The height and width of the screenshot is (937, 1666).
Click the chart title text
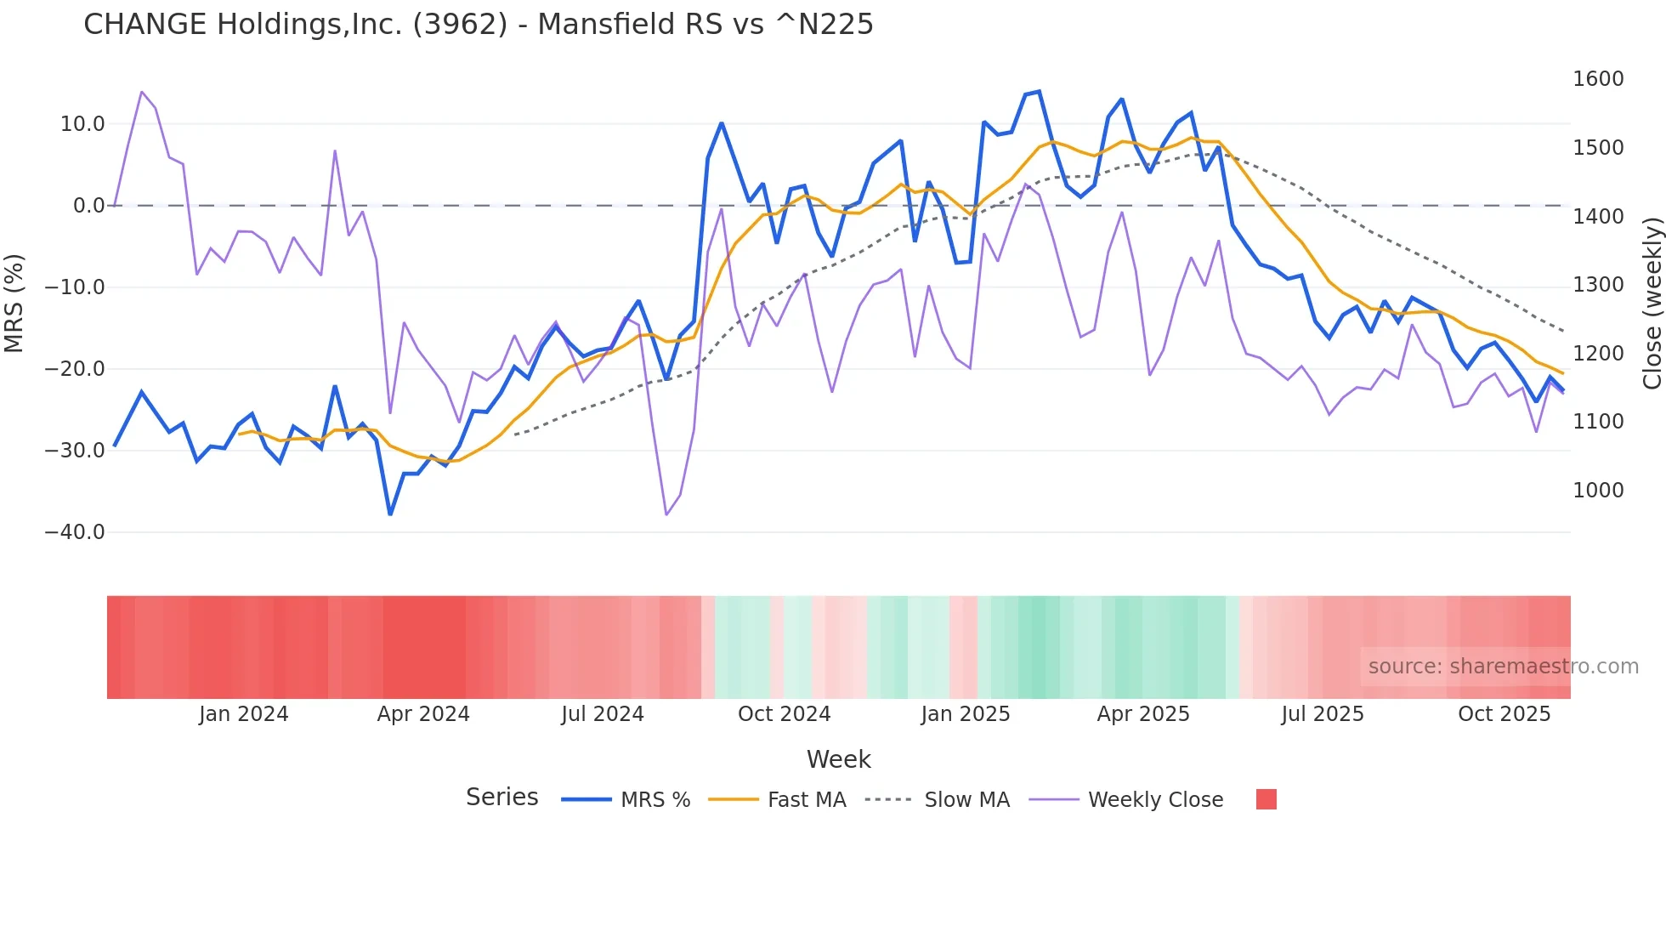click(478, 24)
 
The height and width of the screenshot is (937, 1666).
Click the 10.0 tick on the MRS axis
click(82, 124)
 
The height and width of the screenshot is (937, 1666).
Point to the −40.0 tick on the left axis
click(75, 532)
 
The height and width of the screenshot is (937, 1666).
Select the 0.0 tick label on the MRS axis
click(88, 206)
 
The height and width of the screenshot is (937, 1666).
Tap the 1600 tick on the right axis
click(1598, 79)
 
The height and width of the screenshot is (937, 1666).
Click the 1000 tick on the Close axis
click(1598, 491)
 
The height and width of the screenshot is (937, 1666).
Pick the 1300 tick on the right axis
click(1598, 285)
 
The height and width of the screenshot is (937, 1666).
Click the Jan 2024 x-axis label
click(243, 714)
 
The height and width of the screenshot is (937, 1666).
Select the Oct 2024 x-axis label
click(784, 714)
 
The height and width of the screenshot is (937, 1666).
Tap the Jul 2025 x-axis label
click(1323, 714)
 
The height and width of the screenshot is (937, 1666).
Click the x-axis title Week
click(838, 759)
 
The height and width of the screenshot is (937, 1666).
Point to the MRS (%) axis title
click(14, 304)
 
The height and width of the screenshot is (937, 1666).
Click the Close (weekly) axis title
click(1652, 304)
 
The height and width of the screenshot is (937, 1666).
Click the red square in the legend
click(1266, 799)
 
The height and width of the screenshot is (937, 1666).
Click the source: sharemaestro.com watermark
click(1503, 667)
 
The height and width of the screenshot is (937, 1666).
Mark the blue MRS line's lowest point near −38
click(390, 514)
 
